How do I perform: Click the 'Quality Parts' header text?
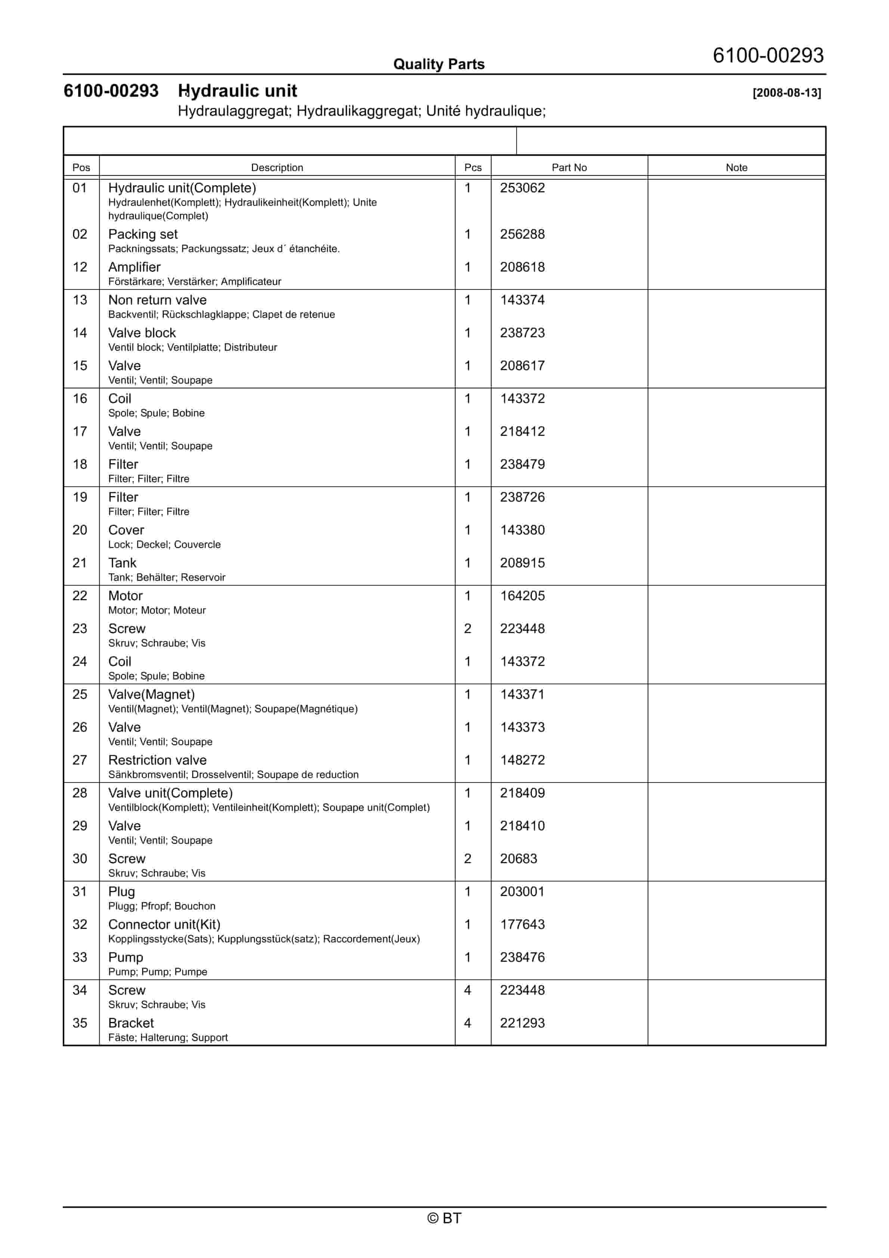pos(439,64)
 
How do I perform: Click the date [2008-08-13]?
pos(787,93)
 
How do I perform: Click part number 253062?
pos(522,188)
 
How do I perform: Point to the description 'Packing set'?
pos(143,235)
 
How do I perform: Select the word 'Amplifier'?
pos(134,267)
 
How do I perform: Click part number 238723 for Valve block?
pos(522,333)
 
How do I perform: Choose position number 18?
pos(80,465)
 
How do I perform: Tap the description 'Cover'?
pos(126,530)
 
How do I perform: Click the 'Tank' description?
pos(122,563)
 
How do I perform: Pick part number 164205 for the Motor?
pos(522,596)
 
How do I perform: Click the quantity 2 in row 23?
pos(468,629)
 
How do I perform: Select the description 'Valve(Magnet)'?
pos(151,695)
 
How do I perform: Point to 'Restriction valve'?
pos(157,760)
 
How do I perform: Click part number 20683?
pos(518,859)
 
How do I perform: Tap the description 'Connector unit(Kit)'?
pos(164,925)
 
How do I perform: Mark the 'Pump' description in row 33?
pos(126,958)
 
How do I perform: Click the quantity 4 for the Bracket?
pos(468,1023)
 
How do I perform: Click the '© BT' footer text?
pos(444,1218)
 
